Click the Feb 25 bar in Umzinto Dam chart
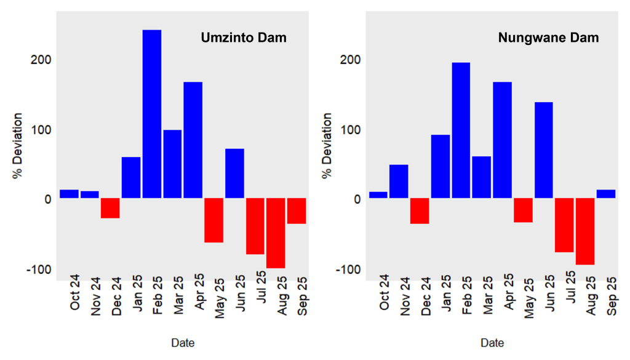pyautogui.click(x=152, y=114)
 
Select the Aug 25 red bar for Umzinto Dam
pyautogui.click(x=276, y=233)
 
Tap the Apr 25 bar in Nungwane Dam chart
pyautogui.click(x=502, y=140)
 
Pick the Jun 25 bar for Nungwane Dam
pyautogui.click(x=544, y=150)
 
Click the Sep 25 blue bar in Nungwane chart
pyautogui.click(x=606, y=194)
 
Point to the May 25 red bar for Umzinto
pyautogui.click(x=213, y=220)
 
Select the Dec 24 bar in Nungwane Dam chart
pyautogui.click(x=420, y=211)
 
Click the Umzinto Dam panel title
pyautogui.click(x=244, y=38)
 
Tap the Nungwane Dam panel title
pyautogui.click(x=548, y=38)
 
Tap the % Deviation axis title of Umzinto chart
pyautogui.click(x=18, y=145)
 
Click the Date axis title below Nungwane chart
pyautogui.click(x=492, y=343)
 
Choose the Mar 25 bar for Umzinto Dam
pyautogui.click(x=172, y=164)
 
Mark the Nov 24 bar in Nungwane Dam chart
pyautogui.click(x=399, y=182)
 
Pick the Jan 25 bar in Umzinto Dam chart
pyautogui.click(x=131, y=178)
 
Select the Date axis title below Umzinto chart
pyautogui.click(x=183, y=343)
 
